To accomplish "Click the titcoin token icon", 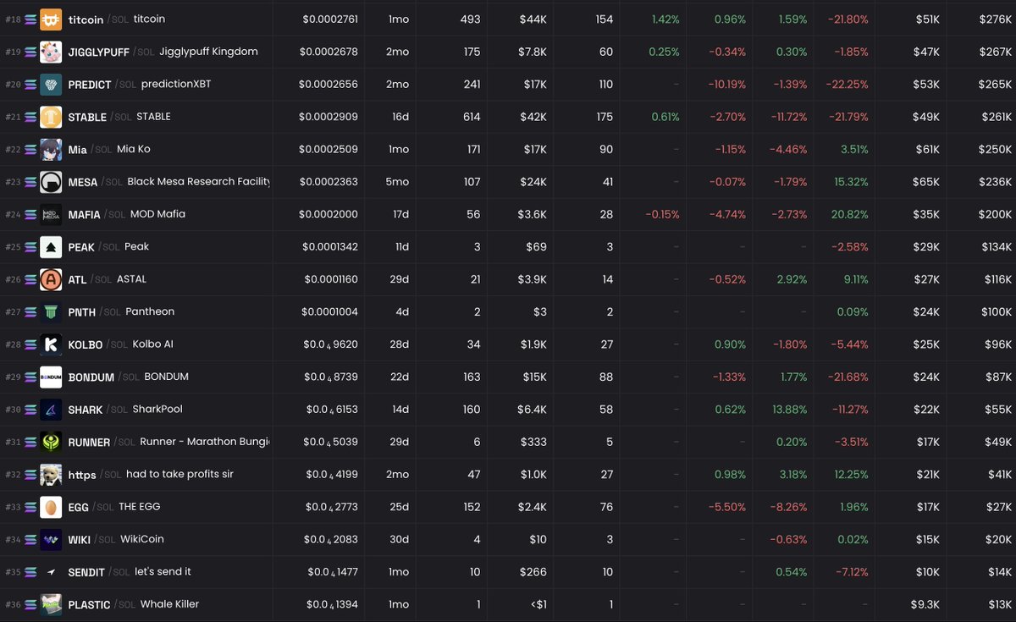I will [51, 19].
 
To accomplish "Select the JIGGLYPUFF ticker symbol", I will [98, 52].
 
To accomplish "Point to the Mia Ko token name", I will [134, 149].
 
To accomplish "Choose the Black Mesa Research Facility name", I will [198, 182].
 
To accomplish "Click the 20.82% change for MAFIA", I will [849, 214].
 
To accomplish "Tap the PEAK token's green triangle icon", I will [51, 247].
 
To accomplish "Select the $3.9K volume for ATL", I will [533, 279].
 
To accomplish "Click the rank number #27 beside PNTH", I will [13, 312].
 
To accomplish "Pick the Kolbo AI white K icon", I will [51, 344].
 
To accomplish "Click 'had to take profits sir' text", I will [179, 475].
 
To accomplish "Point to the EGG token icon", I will [51, 507].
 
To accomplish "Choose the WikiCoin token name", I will [141, 539].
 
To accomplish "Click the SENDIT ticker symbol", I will [86, 573].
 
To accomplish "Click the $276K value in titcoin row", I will [995, 19].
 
